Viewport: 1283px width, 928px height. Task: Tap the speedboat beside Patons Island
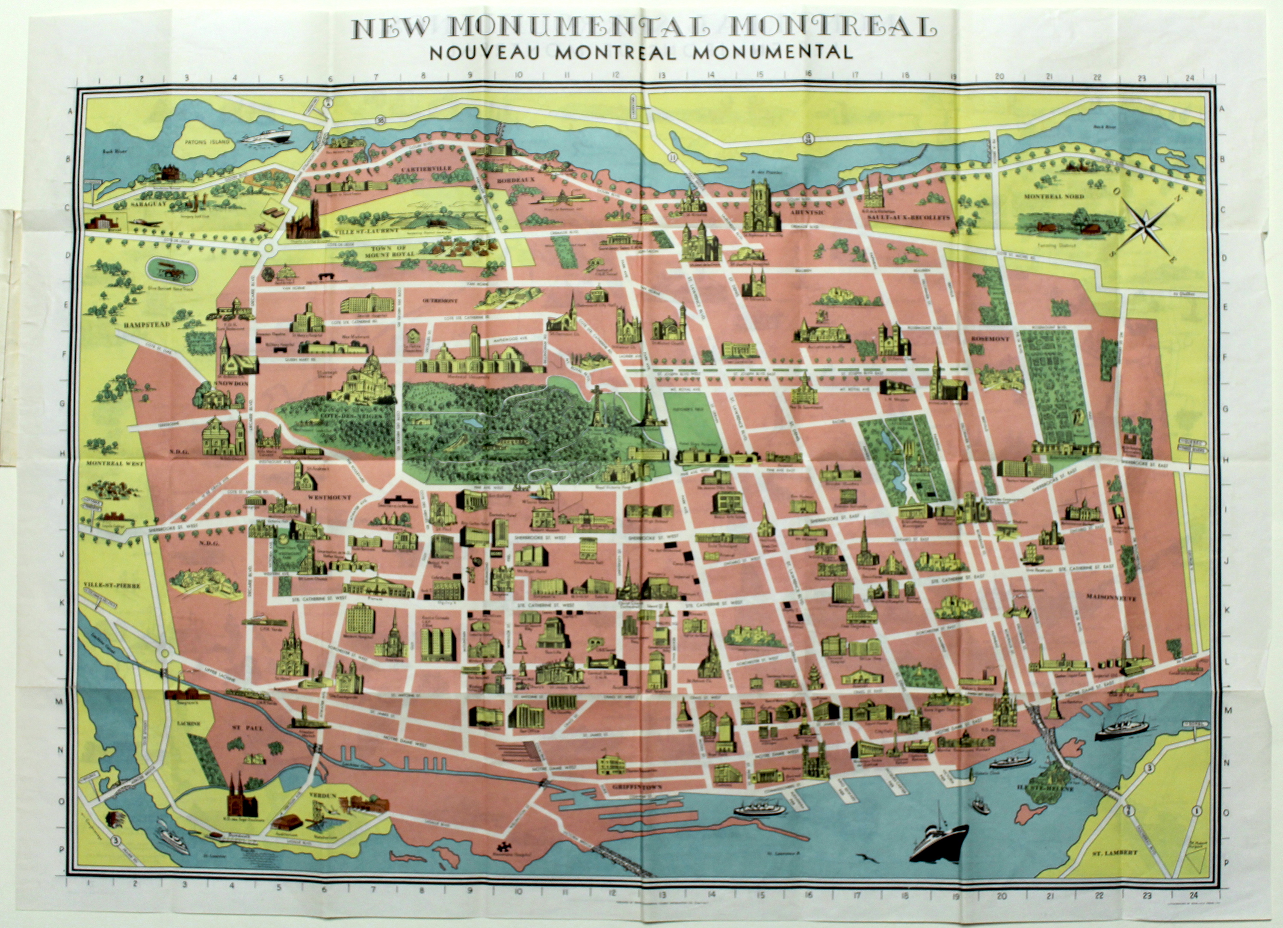(x=265, y=136)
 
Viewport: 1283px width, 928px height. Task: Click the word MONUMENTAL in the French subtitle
(x=772, y=52)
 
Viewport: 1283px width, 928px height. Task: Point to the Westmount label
(x=329, y=498)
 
